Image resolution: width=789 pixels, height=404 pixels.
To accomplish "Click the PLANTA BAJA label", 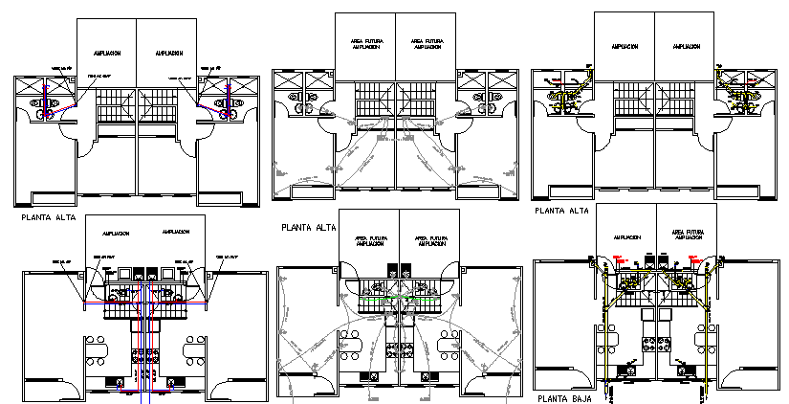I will [561, 398].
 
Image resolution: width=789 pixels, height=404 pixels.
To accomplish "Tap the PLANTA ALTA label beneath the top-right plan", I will [561, 211].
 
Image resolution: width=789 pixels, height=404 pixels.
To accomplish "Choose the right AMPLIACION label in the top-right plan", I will [686, 46].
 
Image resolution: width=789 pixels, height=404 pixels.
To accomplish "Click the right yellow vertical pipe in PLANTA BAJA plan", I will [706, 345].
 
